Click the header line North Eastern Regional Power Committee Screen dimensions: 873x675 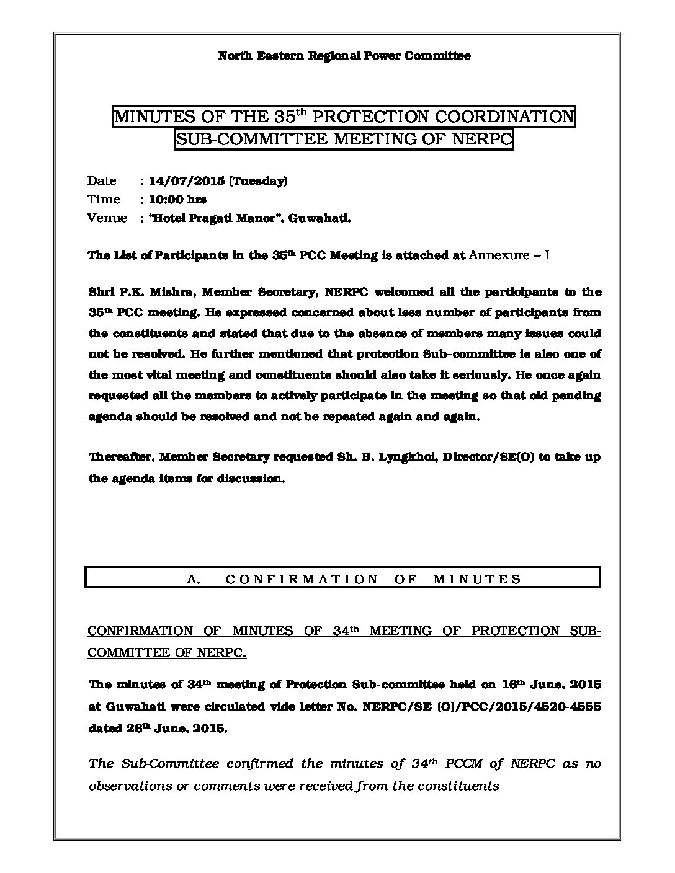click(x=344, y=56)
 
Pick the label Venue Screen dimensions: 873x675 click(x=107, y=218)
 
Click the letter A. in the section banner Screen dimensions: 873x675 click(x=192, y=579)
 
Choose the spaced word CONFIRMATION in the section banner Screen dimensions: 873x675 click(x=302, y=579)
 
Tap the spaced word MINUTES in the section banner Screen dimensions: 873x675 click(x=477, y=579)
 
